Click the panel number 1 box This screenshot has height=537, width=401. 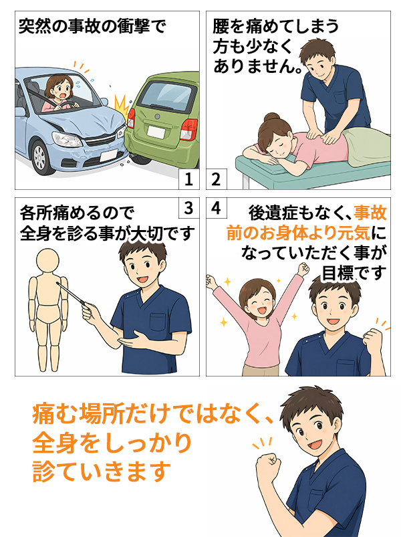click(189, 179)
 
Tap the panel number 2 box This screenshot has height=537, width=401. click(217, 179)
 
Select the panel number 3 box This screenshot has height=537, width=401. click(189, 207)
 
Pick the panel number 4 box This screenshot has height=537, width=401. click(217, 207)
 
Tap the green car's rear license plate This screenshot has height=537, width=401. click(156, 132)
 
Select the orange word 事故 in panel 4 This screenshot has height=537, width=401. click(370, 213)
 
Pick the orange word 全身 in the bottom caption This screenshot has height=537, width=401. click(55, 443)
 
